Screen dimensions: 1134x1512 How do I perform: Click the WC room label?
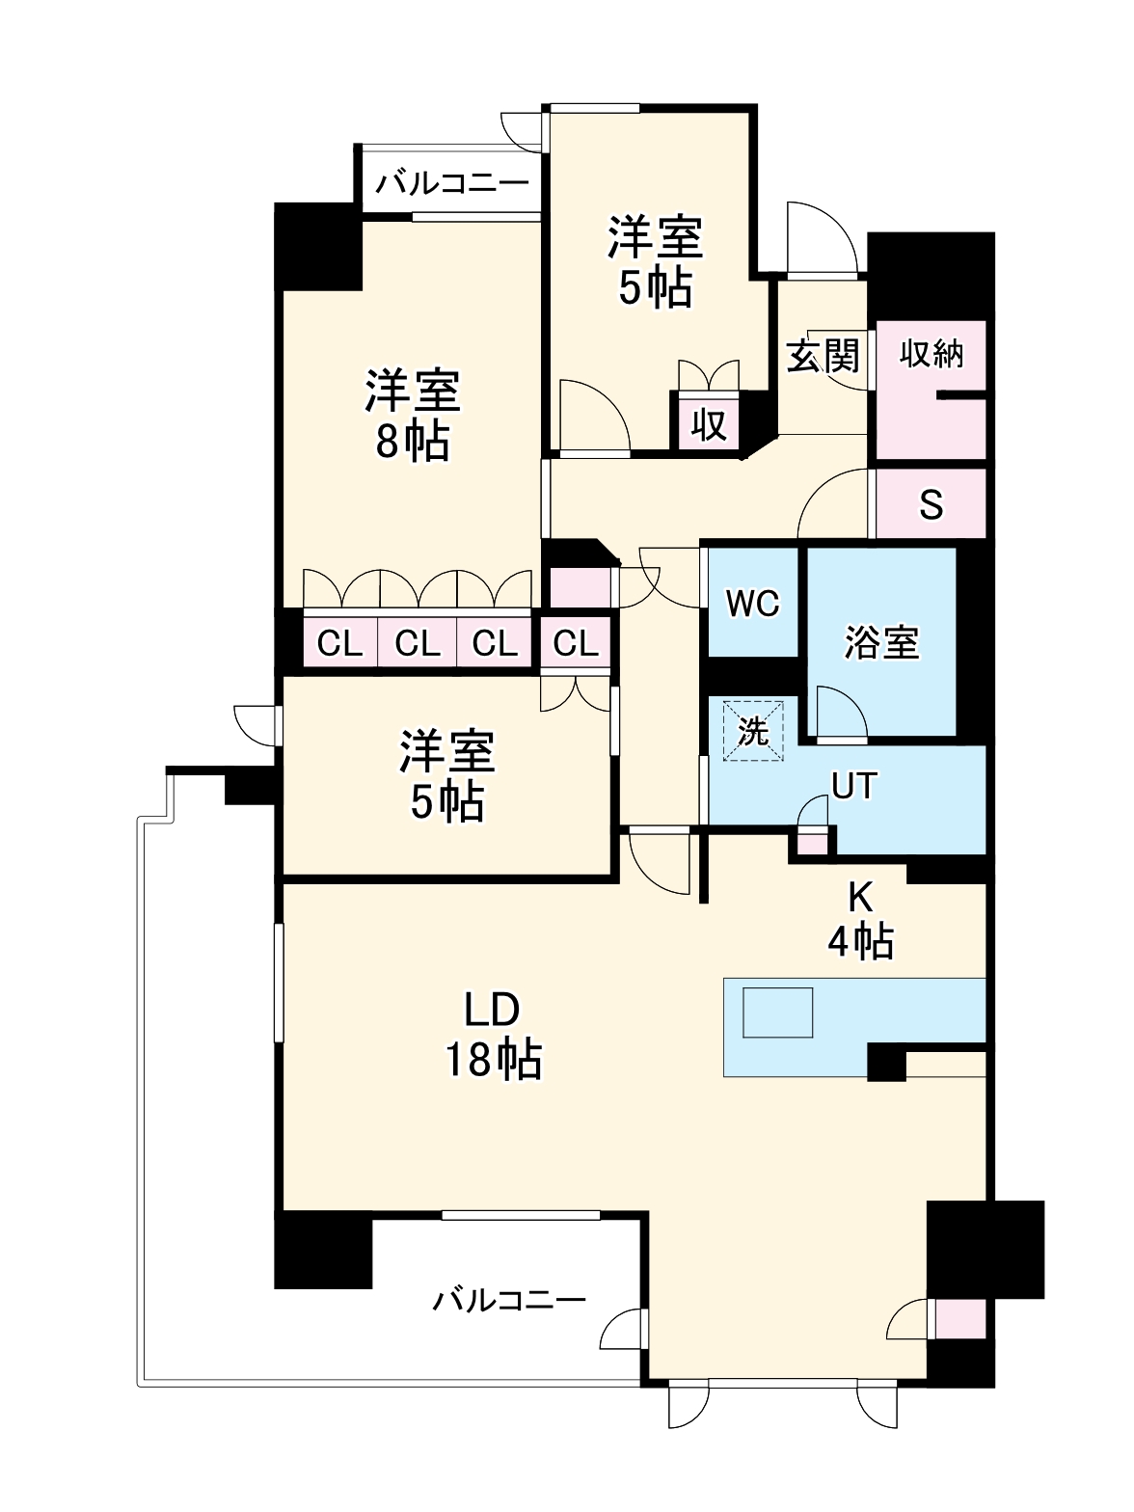click(x=752, y=604)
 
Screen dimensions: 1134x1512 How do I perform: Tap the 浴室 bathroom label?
click(x=881, y=642)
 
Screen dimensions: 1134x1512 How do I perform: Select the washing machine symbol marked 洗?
click(x=752, y=731)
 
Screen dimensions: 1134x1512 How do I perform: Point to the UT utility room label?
click(x=853, y=786)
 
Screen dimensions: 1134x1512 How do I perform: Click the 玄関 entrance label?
click(x=823, y=356)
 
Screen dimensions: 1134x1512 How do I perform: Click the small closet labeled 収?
click(x=709, y=421)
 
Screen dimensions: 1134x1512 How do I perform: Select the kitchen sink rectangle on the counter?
click(x=777, y=1012)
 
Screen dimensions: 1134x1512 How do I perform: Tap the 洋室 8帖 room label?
click(x=412, y=416)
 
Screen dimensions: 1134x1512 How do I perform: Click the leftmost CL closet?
click(x=340, y=642)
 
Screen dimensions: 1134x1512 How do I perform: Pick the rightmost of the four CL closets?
click(x=576, y=642)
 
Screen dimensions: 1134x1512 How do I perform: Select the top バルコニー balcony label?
click(x=451, y=183)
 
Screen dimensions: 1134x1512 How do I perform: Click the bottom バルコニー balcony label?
click(x=509, y=1301)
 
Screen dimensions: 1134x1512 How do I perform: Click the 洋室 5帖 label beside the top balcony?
click(x=655, y=261)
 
